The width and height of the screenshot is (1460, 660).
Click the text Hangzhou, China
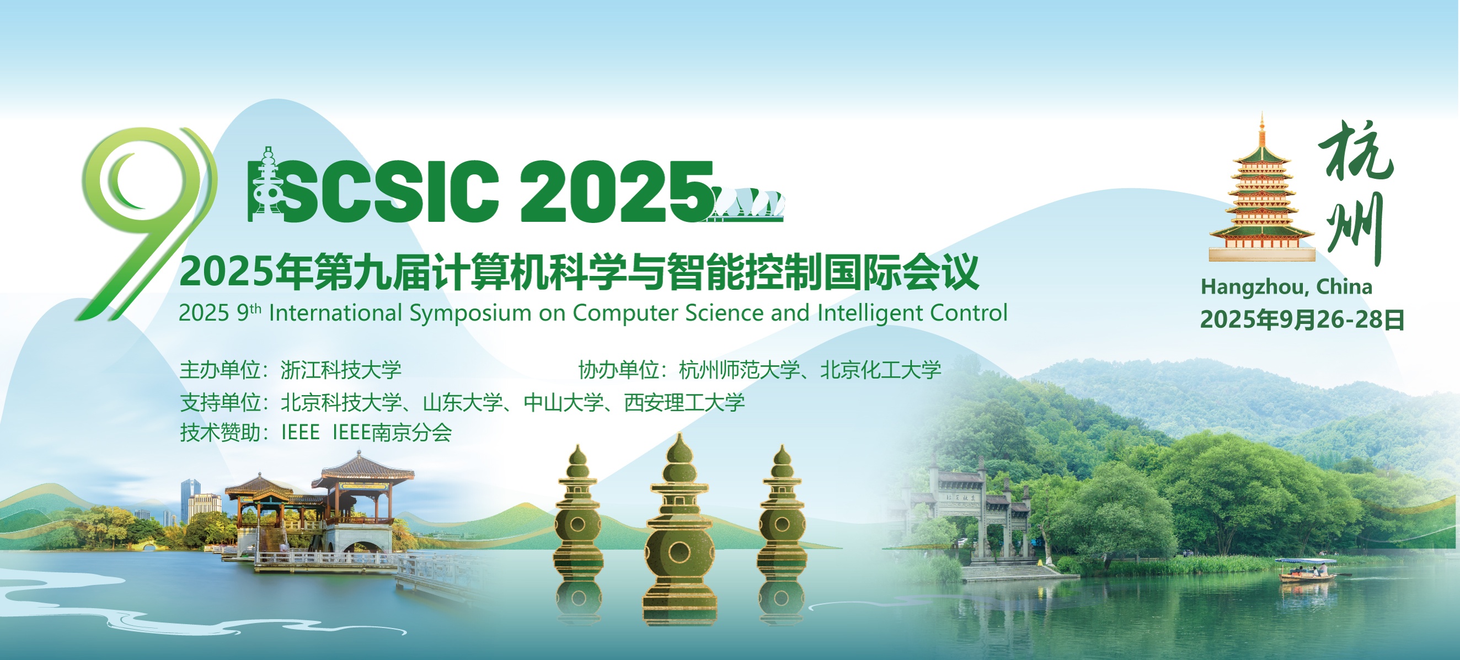[1286, 287]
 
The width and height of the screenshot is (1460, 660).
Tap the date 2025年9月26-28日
[1302, 320]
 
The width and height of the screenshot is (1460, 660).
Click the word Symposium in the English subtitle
[471, 313]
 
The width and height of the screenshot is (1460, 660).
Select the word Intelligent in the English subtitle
[870, 313]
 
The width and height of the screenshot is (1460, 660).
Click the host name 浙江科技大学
[341, 370]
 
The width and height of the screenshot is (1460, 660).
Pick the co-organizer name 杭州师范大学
[739, 370]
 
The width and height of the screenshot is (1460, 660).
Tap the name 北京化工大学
[881, 370]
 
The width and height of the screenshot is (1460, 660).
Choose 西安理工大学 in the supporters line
[684, 403]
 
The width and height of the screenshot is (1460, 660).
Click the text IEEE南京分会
[392, 433]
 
